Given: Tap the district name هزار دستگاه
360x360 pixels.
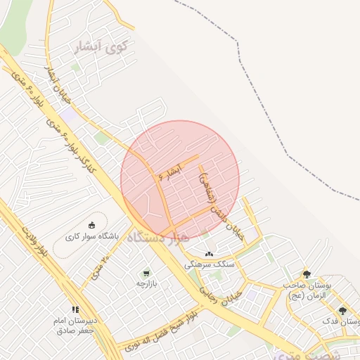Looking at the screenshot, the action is tap(158, 238).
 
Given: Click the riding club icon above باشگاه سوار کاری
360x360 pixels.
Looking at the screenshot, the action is tap(91, 225).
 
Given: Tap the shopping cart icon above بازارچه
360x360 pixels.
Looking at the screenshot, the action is tap(146, 273).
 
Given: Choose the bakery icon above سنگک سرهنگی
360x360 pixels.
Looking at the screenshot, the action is tap(209, 254).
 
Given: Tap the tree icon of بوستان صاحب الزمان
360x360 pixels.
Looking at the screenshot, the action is tap(306, 274).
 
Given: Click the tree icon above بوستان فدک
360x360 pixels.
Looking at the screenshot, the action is tap(342, 310).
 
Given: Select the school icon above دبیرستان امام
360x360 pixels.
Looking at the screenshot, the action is tap(75, 309).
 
